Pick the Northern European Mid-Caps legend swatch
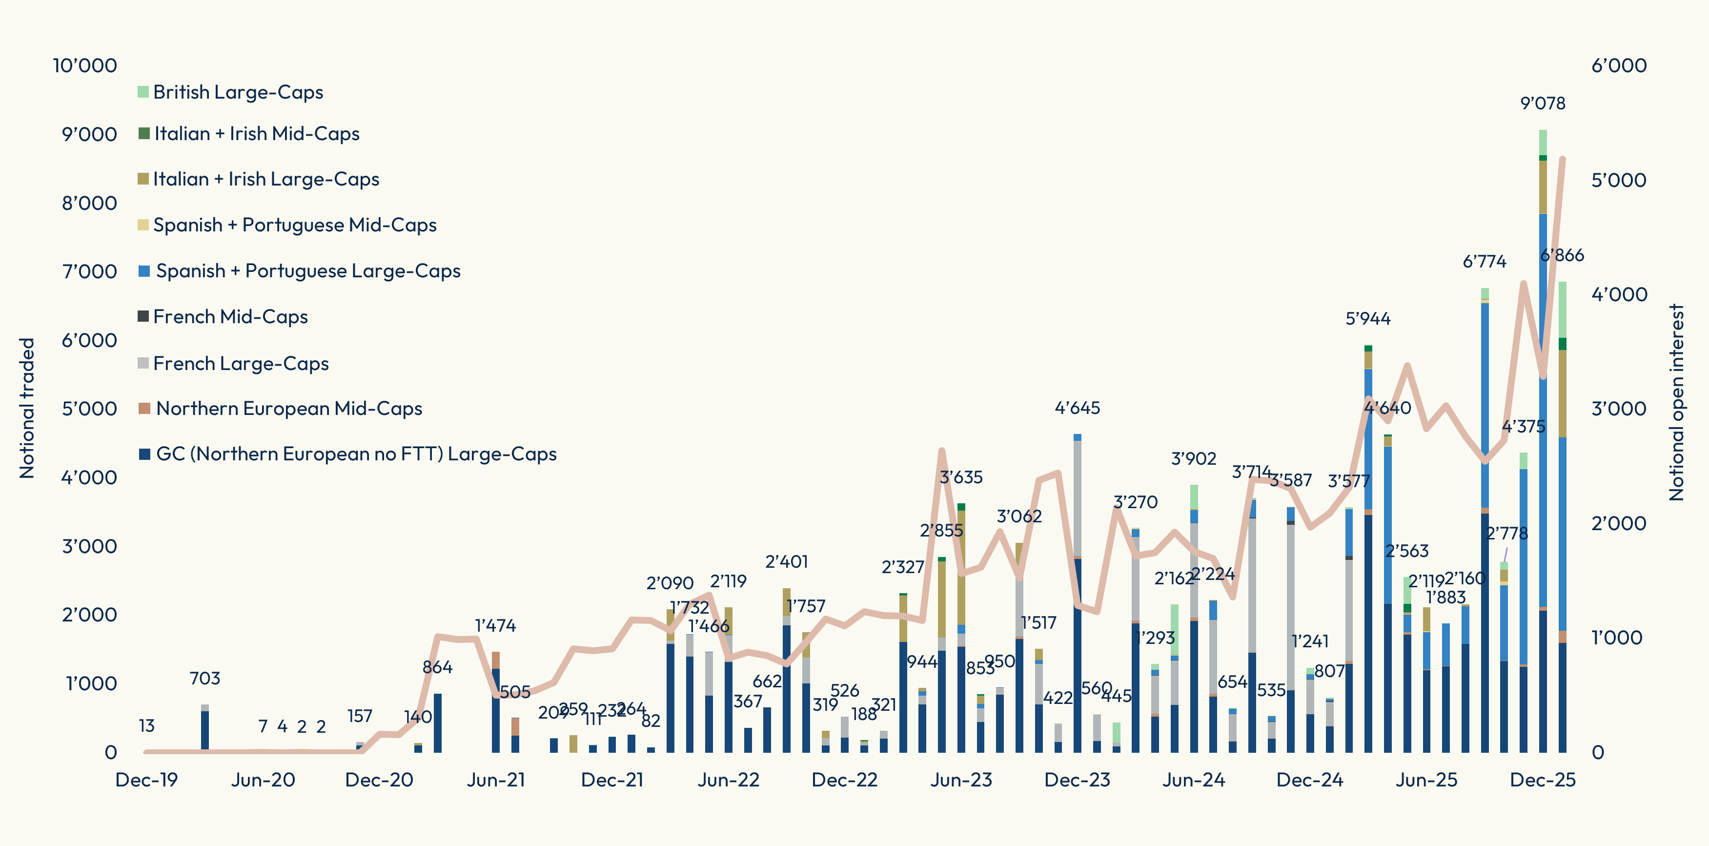coord(144,408)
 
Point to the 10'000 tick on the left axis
coord(85,66)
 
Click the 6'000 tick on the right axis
coord(1619,66)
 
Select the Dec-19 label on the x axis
coord(146,780)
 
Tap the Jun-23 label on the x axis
coord(961,780)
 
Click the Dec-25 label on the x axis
coord(1543,780)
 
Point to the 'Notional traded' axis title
coord(26,408)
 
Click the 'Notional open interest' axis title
coord(1676,402)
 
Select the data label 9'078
coord(1543,103)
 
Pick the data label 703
coord(204,678)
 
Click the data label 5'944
coord(1368,318)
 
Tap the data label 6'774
coord(1484,262)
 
